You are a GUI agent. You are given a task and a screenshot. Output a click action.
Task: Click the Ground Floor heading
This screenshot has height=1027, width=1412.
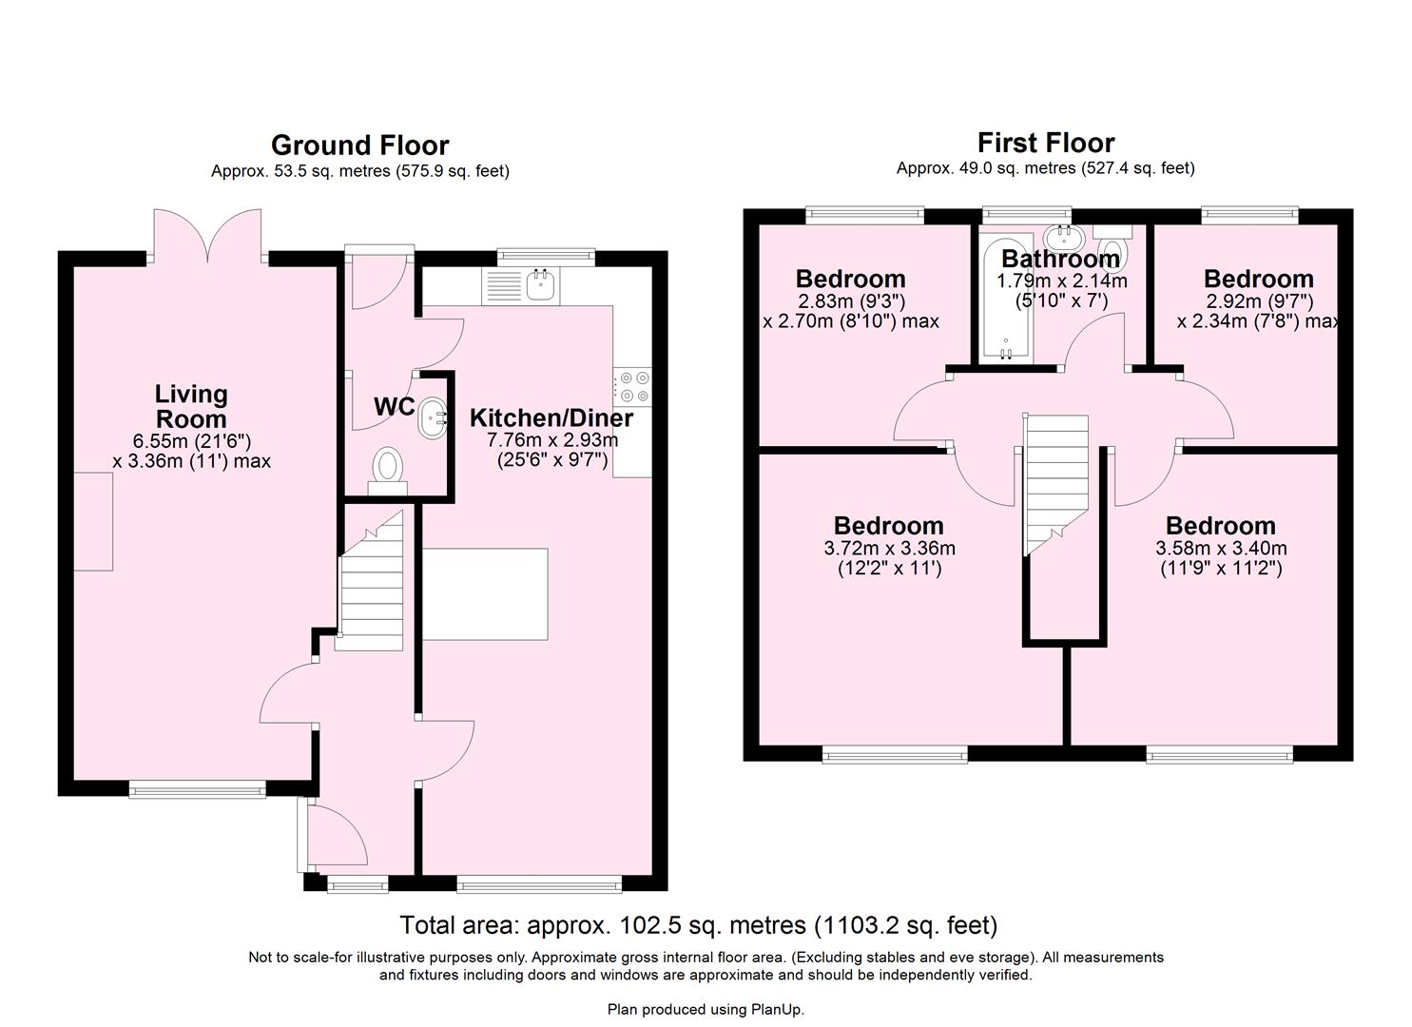tap(359, 145)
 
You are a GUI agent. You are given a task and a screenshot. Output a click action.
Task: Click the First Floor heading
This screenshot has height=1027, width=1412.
tap(1045, 143)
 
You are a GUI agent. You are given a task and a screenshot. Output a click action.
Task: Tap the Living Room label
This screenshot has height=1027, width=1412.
tap(191, 406)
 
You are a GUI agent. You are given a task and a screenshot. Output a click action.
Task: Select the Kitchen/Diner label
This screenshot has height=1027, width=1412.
tap(551, 418)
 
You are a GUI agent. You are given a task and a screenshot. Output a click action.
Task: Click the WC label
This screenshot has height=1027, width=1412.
tap(394, 407)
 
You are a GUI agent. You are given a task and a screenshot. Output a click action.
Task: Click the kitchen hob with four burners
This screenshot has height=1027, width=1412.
tap(632, 385)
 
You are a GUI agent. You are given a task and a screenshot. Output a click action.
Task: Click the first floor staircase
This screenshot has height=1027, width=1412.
tap(1054, 475)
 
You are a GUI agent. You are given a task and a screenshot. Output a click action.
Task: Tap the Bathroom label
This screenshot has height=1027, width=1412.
tap(1060, 259)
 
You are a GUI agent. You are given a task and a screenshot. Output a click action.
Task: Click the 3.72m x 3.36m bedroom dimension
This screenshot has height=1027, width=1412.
tap(889, 549)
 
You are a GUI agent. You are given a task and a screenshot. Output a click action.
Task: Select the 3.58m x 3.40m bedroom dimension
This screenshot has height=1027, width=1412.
tap(1221, 549)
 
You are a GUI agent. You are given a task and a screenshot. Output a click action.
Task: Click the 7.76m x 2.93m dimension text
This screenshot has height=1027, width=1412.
tap(551, 440)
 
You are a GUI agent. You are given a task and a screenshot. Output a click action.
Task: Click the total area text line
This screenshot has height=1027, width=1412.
tap(698, 924)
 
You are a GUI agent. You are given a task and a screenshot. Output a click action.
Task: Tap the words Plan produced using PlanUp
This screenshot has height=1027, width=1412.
tap(706, 1009)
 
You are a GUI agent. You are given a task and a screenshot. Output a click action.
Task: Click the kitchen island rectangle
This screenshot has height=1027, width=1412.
tap(485, 594)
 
